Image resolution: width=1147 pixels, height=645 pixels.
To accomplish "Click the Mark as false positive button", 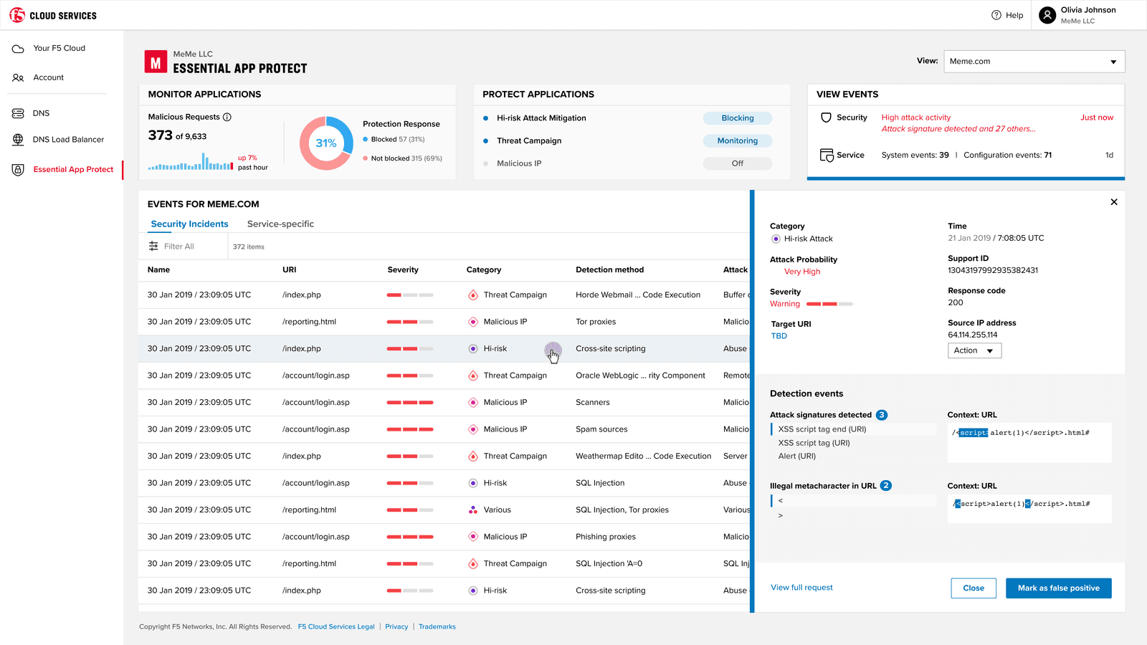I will point(1058,588).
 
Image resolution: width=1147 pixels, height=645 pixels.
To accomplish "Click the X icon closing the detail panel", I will point(1114,202).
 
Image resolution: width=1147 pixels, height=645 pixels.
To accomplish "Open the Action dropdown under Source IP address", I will point(974,350).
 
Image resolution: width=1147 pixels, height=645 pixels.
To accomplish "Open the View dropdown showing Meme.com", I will point(1034,62).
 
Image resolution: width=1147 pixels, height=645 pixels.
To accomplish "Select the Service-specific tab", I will point(280,224).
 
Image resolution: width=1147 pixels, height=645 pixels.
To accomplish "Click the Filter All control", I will point(172,247).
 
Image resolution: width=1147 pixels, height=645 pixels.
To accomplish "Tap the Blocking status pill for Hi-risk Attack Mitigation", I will point(737,118).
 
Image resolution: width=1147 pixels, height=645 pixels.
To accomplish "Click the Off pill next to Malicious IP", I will point(737,163).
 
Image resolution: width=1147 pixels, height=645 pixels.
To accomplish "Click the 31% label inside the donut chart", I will point(326,143).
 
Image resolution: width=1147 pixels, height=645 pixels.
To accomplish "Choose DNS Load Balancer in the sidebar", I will point(68,140).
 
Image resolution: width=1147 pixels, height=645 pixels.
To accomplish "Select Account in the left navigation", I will point(48,77).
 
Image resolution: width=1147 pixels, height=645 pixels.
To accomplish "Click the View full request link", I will point(801,588).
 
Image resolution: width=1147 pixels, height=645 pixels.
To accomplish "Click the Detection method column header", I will point(609,270).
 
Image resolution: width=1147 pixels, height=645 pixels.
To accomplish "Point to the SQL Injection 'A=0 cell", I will point(609,564).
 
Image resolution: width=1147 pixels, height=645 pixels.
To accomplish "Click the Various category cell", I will point(496,510).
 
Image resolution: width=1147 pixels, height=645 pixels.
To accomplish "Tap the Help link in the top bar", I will point(1007,15).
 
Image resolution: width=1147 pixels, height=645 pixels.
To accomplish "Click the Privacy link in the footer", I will point(396,627).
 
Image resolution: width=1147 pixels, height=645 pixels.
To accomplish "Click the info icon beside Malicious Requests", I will point(227,117).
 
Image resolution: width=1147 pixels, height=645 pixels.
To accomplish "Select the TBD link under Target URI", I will point(779,336).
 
